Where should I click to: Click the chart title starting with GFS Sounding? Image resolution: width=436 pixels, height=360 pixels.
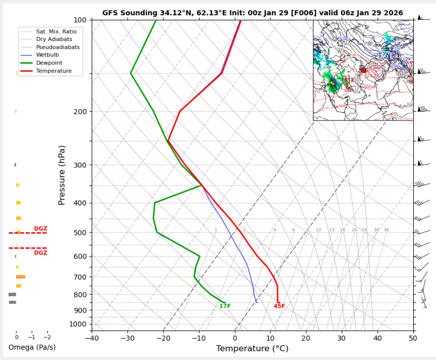point(252,13)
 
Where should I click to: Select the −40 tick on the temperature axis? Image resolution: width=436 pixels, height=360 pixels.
point(92,338)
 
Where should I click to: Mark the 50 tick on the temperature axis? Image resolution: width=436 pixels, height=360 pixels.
point(413,338)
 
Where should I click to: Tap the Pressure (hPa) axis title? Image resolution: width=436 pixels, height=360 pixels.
point(62,175)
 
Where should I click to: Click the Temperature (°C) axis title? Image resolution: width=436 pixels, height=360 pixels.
point(252,349)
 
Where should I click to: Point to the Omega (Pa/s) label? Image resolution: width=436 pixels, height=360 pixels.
point(32,348)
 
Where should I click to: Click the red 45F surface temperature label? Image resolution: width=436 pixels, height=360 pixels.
point(279,306)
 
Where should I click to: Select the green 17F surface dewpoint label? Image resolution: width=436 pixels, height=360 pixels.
point(225,306)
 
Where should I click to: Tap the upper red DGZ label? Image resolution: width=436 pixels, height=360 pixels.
point(40,229)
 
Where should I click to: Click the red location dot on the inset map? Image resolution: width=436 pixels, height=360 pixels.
point(363,70)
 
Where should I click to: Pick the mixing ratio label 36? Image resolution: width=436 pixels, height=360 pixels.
point(386,230)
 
